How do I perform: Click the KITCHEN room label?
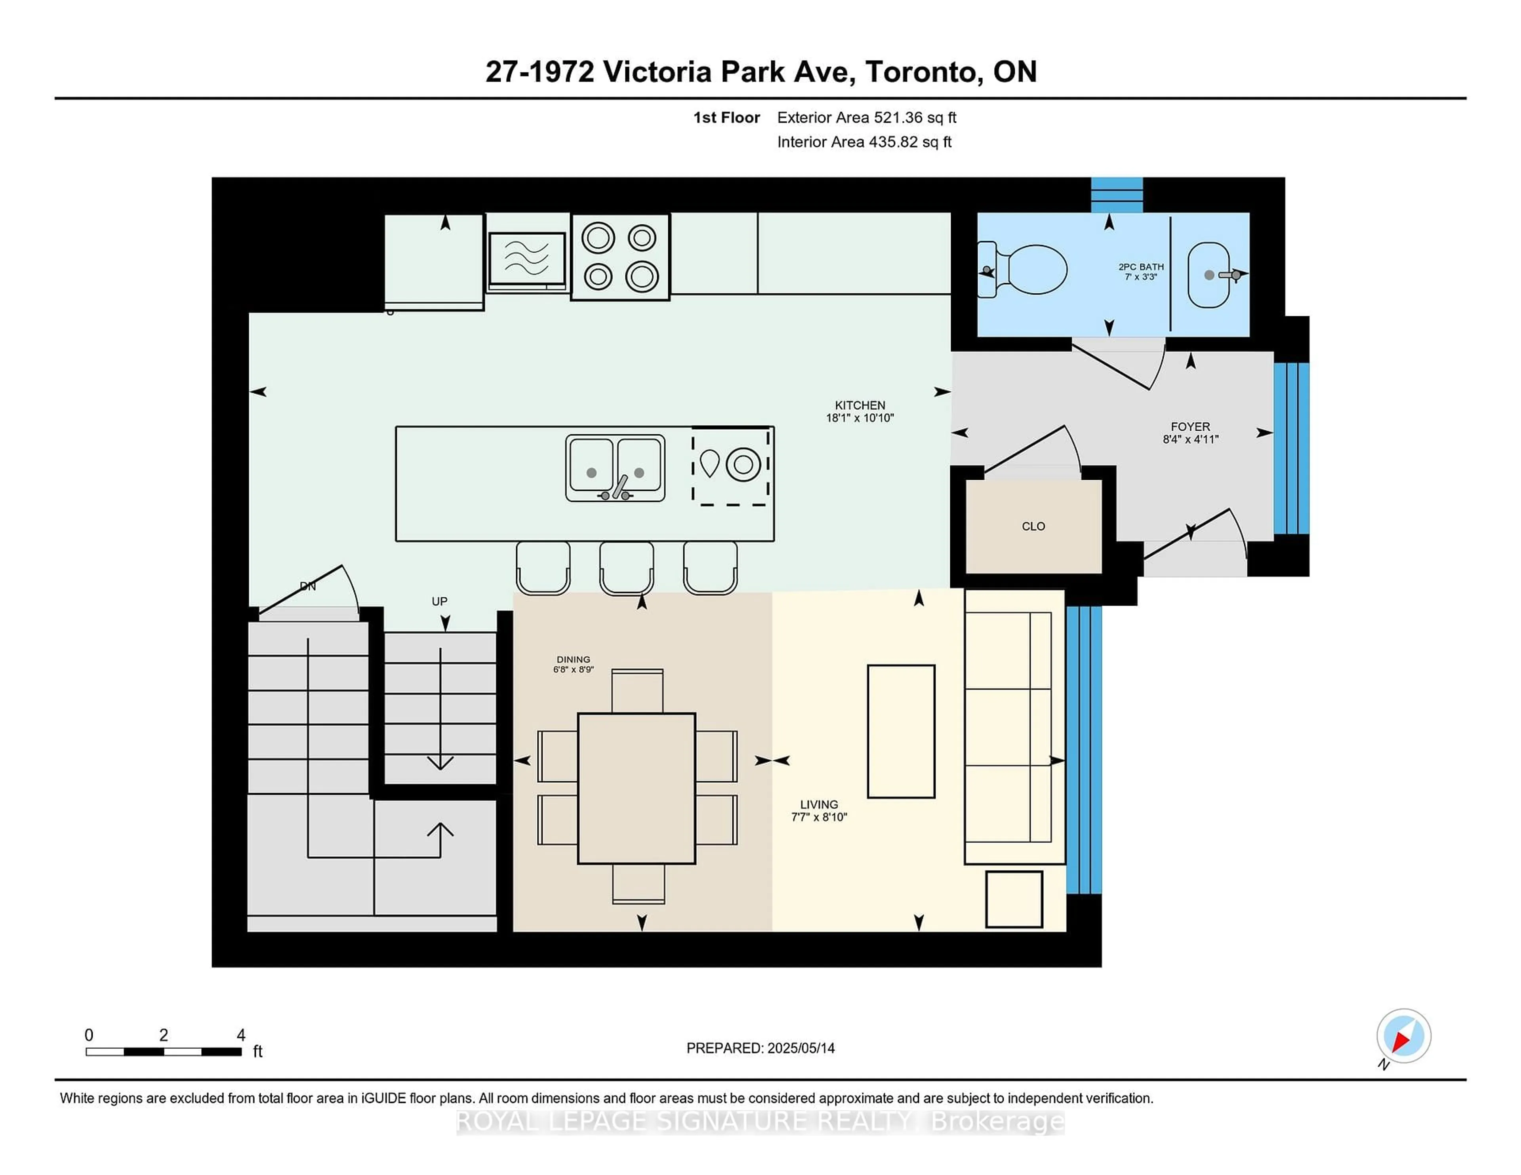click(x=860, y=411)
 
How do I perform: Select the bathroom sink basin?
click(x=1208, y=275)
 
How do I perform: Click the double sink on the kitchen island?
click(x=615, y=468)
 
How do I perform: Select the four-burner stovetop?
click(x=620, y=257)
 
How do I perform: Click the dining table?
click(x=637, y=788)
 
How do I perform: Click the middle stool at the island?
click(x=626, y=567)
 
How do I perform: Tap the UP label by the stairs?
click(x=439, y=601)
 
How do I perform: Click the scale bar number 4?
click(x=241, y=1035)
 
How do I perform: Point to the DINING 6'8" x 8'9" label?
click(x=573, y=664)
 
